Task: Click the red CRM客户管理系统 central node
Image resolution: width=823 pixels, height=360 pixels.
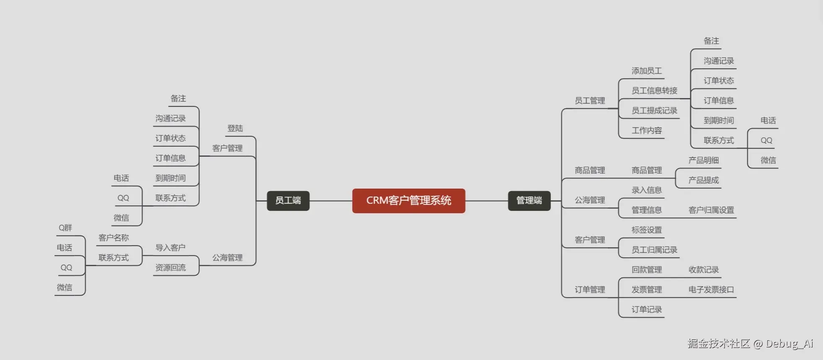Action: tap(408, 201)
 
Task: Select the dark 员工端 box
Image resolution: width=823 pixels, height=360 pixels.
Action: tap(288, 201)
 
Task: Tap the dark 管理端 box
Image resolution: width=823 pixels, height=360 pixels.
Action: tap(529, 201)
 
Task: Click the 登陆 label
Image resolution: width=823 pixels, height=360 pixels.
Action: tap(235, 129)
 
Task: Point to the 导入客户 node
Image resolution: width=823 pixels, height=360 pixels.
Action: tap(170, 248)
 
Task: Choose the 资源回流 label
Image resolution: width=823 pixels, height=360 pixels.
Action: tap(170, 268)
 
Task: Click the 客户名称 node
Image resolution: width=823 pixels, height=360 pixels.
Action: tap(114, 238)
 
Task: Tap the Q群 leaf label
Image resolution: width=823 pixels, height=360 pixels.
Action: tap(65, 228)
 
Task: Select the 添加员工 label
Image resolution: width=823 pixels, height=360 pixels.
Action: tap(646, 71)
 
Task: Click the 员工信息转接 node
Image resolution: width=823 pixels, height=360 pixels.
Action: tap(654, 91)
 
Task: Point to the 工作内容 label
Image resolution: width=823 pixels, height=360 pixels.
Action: tap(646, 131)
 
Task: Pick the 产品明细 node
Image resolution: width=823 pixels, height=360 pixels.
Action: tap(704, 161)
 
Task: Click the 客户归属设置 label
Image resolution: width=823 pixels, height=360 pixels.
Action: tap(711, 210)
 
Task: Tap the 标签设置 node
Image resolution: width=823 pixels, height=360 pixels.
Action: tap(646, 230)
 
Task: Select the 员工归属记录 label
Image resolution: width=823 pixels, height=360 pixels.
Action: tap(654, 250)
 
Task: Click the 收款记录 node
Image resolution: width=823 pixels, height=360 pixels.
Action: tap(704, 270)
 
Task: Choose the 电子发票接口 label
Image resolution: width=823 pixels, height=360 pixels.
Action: tap(711, 290)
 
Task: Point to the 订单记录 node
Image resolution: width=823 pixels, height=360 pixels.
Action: tap(646, 310)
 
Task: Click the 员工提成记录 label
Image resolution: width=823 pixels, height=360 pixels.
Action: tap(654, 111)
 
